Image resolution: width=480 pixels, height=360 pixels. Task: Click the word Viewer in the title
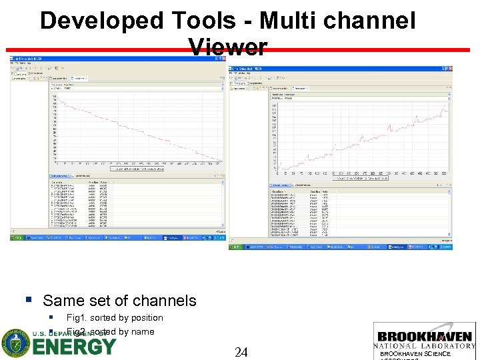[227, 47]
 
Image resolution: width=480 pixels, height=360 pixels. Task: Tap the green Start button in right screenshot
[237, 247]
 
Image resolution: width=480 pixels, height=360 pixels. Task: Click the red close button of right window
[449, 69]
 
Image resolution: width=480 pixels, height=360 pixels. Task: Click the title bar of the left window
[113, 59]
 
